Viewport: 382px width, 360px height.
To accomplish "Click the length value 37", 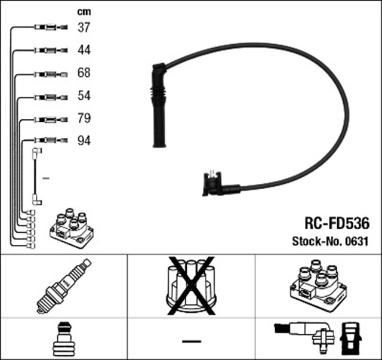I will point(84,27).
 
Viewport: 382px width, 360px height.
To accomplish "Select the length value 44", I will point(84,50).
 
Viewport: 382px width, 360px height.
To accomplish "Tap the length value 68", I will point(84,73).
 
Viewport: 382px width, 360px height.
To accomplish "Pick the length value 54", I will point(84,96).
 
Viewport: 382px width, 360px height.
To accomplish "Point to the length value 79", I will point(84,119).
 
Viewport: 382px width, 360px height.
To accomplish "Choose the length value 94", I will point(84,141).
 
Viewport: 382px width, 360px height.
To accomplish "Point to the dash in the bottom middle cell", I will point(191,340).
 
